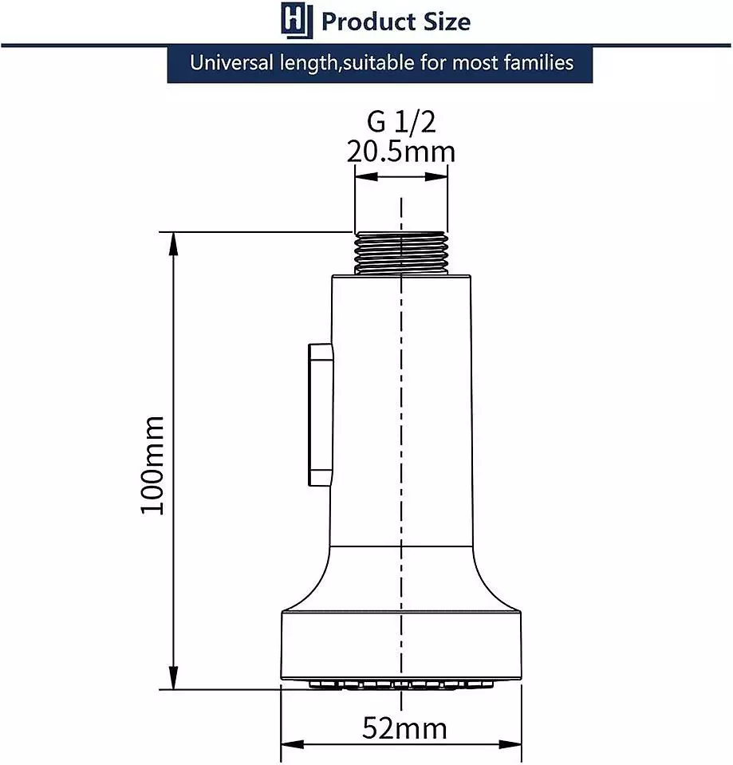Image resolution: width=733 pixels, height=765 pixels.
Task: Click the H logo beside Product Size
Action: pyautogui.click(x=297, y=20)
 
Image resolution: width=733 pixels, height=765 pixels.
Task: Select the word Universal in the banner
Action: pyautogui.click(x=231, y=63)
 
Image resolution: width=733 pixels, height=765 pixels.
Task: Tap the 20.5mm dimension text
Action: pyautogui.click(x=401, y=152)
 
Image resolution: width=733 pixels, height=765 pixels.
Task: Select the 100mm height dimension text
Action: pyautogui.click(x=152, y=465)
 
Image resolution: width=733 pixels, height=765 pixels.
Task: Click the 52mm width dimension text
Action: pyautogui.click(x=404, y=728)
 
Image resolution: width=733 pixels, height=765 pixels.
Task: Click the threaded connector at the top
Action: pyautogui.click(x=401, y=253)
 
